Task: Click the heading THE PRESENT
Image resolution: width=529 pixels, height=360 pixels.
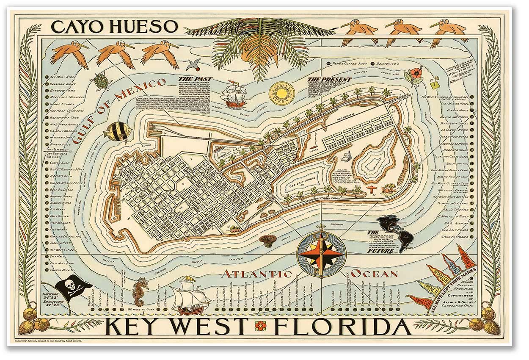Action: click(335, 79)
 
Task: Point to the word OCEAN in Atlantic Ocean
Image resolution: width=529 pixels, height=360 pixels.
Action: click(374, 273)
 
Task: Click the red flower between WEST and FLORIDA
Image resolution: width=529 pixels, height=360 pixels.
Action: click(260, 326)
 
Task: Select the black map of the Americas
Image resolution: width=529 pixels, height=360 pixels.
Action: click(396, 232)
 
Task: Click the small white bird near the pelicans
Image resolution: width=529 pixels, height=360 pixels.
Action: click(193, 64)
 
